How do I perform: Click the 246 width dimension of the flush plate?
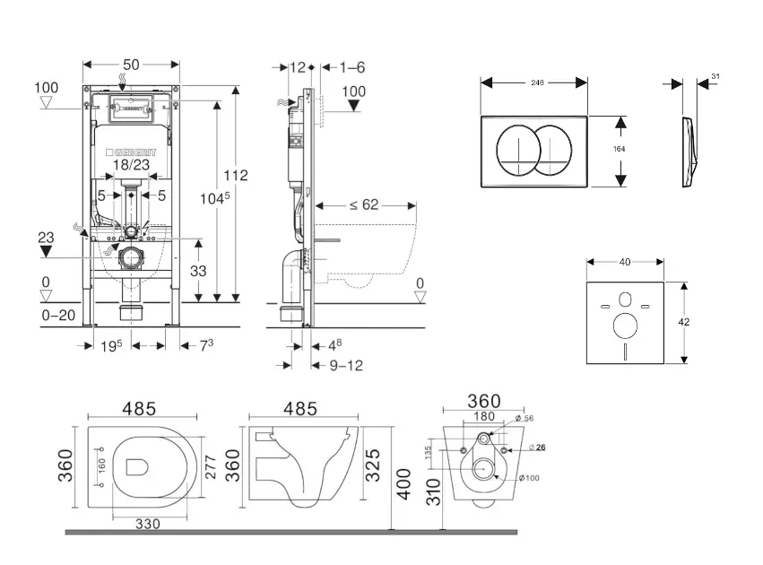coord(538,82)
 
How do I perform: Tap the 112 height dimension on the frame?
coord(236,176)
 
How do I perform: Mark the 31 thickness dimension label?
coord(715,77)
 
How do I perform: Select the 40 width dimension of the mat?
coord(625,262)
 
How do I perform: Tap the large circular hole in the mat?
coord(625,325)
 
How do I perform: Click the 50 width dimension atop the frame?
coord(131,65)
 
